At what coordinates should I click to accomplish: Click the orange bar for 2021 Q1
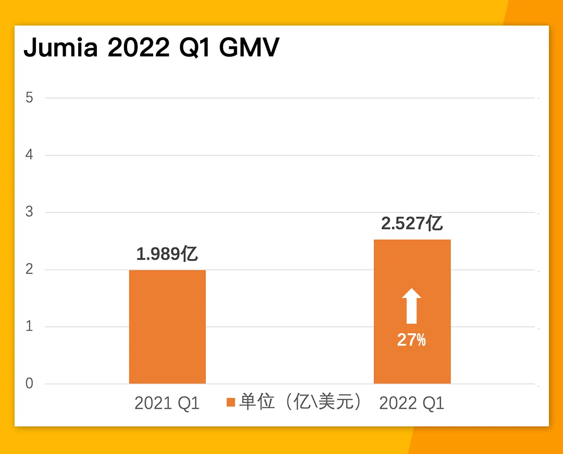tap(167, 327)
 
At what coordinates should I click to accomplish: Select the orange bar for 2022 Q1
tap(412, 312)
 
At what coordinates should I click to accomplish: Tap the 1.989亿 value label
tap(167, 254)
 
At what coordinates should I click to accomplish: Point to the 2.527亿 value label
tap(412, 223)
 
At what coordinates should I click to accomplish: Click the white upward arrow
tap(411, 306)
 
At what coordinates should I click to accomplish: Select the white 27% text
tap(411, 339)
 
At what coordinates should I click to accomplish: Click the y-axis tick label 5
tap(29, 97)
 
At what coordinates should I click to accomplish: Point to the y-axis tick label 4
tap(29, 155)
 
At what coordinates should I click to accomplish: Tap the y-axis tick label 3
tap(29, 212)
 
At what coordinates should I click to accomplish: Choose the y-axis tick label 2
tap(29, 269)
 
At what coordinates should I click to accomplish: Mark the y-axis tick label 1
tap(29, 326)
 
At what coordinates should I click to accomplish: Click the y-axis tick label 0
tap(29, 383)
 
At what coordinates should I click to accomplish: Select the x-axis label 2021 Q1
tap(167, 403)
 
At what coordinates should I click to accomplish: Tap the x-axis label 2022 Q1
tap(412, 403)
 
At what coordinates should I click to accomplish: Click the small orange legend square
tap(231, 402)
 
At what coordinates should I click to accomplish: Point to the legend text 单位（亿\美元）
tap(300, 401)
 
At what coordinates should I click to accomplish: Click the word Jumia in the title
tap(60, 47)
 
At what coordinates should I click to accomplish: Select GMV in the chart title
tap(249, 47)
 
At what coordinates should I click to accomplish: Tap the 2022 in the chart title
tap(139, 47)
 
